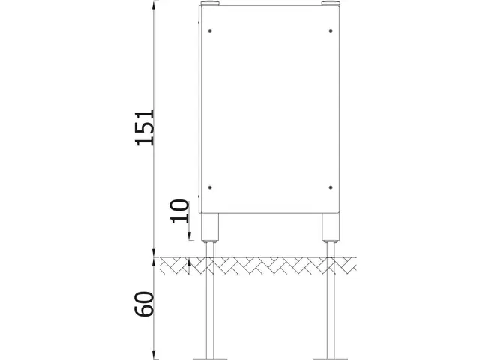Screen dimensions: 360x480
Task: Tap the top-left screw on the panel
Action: (211, 31)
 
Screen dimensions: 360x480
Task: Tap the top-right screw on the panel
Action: (331, 31)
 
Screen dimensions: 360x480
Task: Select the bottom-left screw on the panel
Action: (211, 187)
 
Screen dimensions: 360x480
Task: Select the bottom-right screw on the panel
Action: (331, 187)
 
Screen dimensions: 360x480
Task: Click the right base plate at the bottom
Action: (331, 353)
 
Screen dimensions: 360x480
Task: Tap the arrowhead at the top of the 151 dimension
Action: (155, 6)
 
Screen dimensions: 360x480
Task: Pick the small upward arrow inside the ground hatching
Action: (190, 262)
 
